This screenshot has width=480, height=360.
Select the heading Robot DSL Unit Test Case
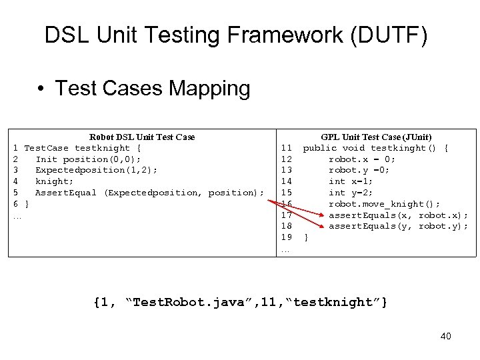[x=142, y=137]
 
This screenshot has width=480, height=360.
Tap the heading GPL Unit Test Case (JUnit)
[x=376, y=137]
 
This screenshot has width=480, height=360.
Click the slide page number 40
[x=445, y=336]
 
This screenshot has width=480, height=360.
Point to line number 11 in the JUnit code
[x=286, y=148]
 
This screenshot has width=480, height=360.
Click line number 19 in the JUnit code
[x=286, y=237]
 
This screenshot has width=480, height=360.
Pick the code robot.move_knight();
[x=384, y=204]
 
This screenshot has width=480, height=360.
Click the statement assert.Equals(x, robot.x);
[x=398, y=215]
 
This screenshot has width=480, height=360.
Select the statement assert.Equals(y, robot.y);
[x=398, y=226]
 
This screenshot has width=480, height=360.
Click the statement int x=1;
[x=351, y=181]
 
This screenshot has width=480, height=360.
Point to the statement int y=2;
[x=351, y=193]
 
